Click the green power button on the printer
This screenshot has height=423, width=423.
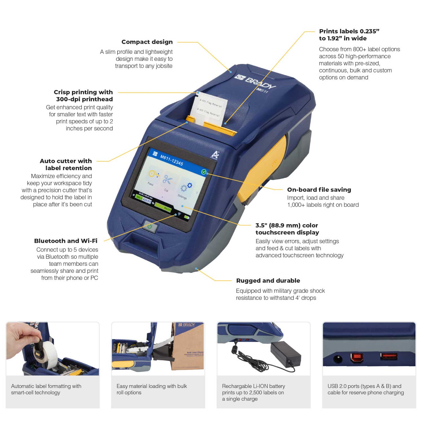pyautogui.click(x=150, y=226)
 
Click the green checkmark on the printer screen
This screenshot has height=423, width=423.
pyautogui.click(x=204, y=172)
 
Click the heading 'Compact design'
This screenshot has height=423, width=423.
pyautogui.click(x=147, y=42)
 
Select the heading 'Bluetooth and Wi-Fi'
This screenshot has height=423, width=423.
pyautogui.click(x=66, y=241)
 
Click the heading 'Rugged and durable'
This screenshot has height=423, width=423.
pyautogui.click(x=268, y=281)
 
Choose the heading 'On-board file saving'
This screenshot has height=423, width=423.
pyautogui.click(x=319, y=190)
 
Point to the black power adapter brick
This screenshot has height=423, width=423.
pyautogui.click(x=285, y=352)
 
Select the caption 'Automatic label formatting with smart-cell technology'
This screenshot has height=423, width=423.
pyautogui.click(x=46, y=389)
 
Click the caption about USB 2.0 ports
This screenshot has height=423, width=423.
pyautogui.click(x=365, y=389)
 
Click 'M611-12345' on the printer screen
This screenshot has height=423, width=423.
pyautogui.click(x=171, y=160)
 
